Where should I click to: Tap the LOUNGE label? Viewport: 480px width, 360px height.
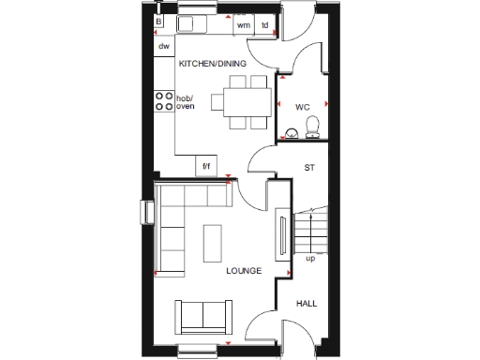(244, 271)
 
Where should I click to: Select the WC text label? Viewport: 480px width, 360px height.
(302, 107)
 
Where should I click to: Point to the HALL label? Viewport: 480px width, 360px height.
(307, 304)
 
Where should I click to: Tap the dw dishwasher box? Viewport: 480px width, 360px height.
(163, 46)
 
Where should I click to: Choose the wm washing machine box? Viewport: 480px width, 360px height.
(243, 25)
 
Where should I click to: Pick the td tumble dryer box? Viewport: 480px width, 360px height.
(265, 25)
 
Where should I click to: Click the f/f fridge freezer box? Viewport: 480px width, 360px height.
(207, 168)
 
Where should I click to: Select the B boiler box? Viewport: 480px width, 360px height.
(159, 20)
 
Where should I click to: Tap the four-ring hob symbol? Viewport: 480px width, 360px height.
(163, 101)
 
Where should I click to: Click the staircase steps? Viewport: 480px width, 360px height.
(309, 227)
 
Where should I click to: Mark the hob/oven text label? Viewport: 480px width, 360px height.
(189, 101)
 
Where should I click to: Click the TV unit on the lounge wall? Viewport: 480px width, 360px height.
(280, 236)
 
